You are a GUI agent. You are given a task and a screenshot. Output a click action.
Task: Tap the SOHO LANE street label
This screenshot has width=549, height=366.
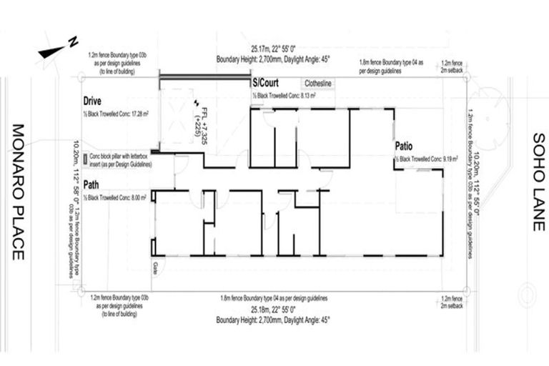tap(538, 182)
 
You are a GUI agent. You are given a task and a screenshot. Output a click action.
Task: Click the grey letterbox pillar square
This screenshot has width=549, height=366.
tap(85, 156)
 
